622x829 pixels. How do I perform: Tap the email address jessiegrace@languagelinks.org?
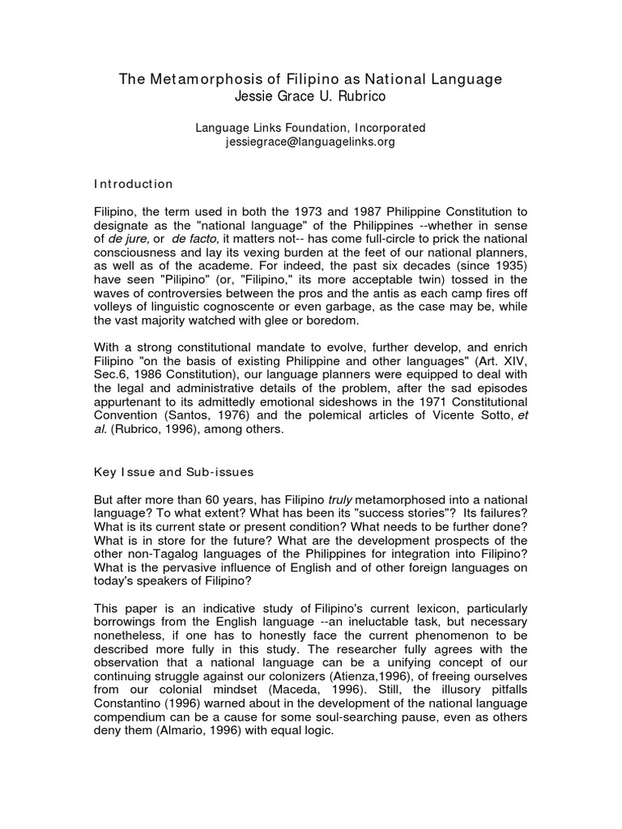click(310, 142)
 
